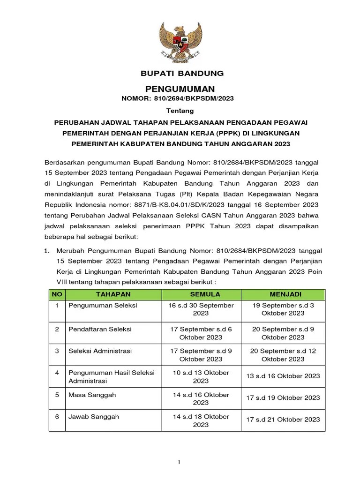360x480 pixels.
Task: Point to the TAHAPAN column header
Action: coord(113,294)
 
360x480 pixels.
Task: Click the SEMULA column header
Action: coord(201,294)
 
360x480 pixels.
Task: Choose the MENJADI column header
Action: coord(283,294)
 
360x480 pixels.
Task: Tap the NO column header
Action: coord(57,294)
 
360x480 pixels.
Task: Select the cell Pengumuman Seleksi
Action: coord(103,305)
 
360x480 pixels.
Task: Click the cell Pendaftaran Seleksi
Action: coord(100,329)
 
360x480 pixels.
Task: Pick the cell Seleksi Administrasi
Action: coord(100,351)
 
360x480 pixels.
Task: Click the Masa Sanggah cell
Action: coord(92,395)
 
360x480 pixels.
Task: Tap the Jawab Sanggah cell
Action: coord(94,416)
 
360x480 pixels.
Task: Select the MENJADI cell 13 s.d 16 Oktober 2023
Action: coord(283,376)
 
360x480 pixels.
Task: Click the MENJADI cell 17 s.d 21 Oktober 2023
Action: coord(283,420)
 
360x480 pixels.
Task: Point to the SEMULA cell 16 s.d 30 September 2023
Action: coord(201,309)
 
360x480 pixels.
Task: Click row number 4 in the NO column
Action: coord(57,373)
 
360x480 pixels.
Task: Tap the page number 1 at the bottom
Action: coord(179,462)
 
